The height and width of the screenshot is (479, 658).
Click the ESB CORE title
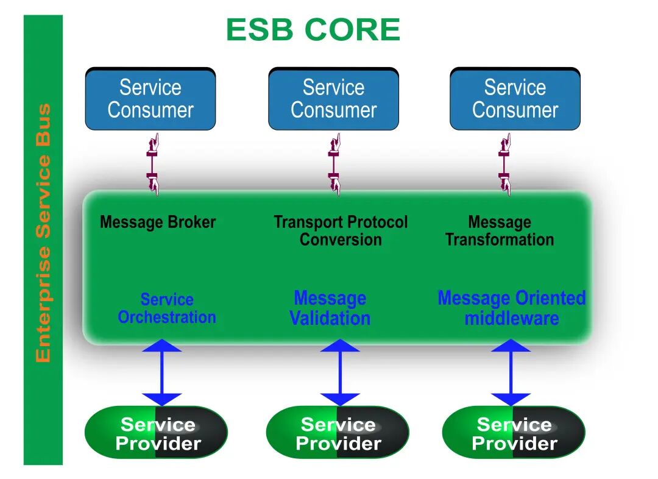313,30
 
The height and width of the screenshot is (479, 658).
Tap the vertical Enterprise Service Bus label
43,233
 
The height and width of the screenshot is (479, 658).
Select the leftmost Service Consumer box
150,99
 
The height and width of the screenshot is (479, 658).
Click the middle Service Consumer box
334,99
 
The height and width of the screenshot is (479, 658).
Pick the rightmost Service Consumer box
515,99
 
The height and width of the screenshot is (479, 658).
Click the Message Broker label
158,222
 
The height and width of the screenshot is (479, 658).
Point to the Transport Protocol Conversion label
341,231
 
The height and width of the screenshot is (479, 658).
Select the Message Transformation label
500,231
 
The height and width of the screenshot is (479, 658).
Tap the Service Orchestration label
167,308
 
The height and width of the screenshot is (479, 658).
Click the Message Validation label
330,308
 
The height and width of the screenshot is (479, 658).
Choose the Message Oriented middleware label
512,308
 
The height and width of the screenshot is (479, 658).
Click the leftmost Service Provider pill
156,433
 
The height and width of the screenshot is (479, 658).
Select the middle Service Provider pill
338,433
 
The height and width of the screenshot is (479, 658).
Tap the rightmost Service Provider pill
514,433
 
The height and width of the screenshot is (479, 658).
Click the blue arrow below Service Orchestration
162,372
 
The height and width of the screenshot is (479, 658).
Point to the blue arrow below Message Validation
340,372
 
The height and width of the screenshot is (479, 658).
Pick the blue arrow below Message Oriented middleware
511,372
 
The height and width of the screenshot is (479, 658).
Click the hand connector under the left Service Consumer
153,165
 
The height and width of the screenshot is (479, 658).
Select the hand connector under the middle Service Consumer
334,165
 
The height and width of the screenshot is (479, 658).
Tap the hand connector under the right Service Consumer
505,165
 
